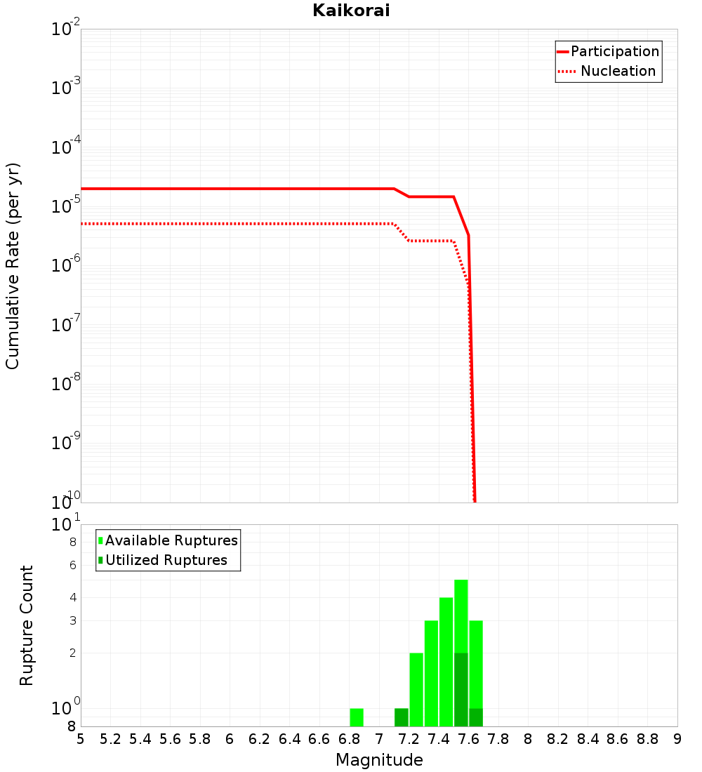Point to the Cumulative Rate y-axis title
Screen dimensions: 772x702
[13, 265]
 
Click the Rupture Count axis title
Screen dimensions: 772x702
[27, 625]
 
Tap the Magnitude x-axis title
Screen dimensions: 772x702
[379, 759]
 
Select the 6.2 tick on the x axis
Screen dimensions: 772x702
[260, 739]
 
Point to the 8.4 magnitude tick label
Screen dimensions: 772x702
[588, 739]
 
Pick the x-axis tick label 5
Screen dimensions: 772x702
[81, 739]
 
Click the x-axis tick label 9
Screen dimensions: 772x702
[677, 739]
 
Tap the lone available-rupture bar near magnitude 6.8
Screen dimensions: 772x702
[357, 717]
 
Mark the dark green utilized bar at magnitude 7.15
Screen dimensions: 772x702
[402, 717]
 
